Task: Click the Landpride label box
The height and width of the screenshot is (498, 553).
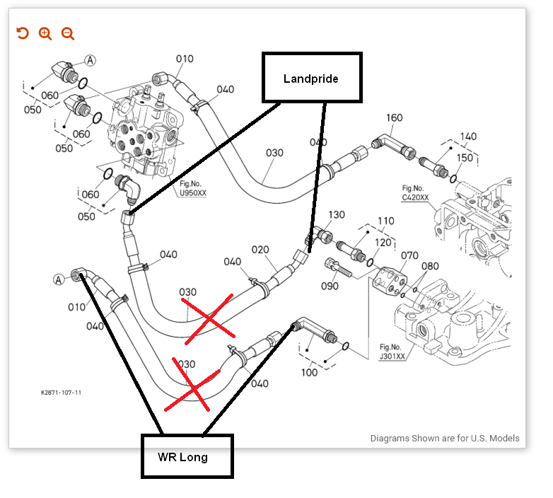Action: [x=312, y=78]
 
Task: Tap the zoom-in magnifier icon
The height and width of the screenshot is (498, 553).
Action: [x=45, y=33]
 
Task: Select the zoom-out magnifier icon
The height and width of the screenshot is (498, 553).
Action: [x=68, y=33]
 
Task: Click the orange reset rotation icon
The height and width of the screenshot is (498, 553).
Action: [x=23, y=33]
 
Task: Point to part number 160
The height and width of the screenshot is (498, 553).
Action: [x=394, y=118]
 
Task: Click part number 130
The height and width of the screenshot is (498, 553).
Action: [x=336, y=214]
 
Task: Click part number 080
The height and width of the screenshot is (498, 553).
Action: [x=431, y=267]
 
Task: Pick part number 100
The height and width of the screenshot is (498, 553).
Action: [x=309, y=372]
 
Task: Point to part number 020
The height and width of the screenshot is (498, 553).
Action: [x=260, y=250]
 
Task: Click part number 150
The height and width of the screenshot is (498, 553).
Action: [x=465, y=158]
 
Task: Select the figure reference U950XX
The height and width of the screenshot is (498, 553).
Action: [x=192, y=192]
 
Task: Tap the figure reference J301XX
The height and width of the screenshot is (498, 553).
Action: [x=392, y=357]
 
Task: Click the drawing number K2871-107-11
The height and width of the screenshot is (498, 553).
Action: [x=60, y=392]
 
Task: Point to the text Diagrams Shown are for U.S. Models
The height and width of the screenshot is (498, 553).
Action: [x=444, y=438]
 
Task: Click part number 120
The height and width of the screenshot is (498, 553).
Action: [x=383, y=243]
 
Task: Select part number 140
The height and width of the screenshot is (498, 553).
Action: [x=467, y=137]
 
